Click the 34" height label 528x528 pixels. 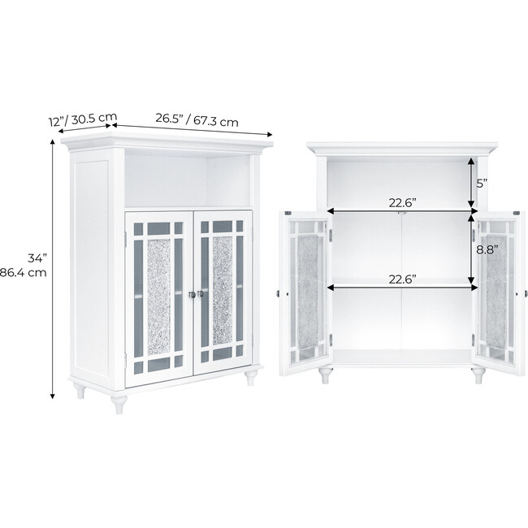35,258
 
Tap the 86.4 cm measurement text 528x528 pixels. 24,273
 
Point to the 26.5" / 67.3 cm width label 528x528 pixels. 197,120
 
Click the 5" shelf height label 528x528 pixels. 482,184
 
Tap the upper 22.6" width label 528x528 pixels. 402,204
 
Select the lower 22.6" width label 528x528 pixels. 402,279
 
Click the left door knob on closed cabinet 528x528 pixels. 189,294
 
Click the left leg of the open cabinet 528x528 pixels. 325,375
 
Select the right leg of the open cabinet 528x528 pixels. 478,375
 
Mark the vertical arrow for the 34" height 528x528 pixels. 54,268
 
